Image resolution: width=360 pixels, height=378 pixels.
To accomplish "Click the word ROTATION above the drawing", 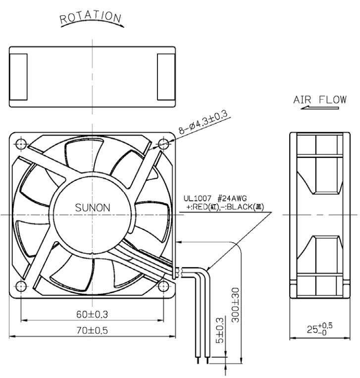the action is coord(90,17).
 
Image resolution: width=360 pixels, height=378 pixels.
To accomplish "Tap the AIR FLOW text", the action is coord(320,100).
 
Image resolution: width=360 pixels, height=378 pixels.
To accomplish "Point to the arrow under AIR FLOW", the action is coord(319,108).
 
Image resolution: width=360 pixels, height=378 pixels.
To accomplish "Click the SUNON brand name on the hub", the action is coord(93,208).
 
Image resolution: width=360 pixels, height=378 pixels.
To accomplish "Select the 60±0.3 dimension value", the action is coord(92,314).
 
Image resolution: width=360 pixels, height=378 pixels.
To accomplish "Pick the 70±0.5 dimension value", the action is coord(92,330).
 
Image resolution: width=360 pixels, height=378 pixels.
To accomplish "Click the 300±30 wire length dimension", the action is coord(235,305).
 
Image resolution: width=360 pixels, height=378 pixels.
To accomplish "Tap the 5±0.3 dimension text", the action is coord(220,330).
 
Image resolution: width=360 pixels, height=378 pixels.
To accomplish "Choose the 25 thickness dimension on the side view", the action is coord(319,329).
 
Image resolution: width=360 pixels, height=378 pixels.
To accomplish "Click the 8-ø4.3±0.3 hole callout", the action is coord(203,122).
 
